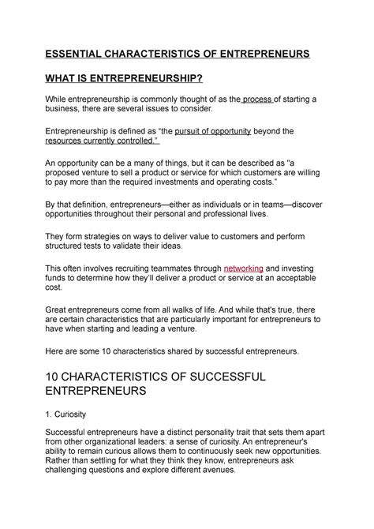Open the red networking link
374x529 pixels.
[245, 268]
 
